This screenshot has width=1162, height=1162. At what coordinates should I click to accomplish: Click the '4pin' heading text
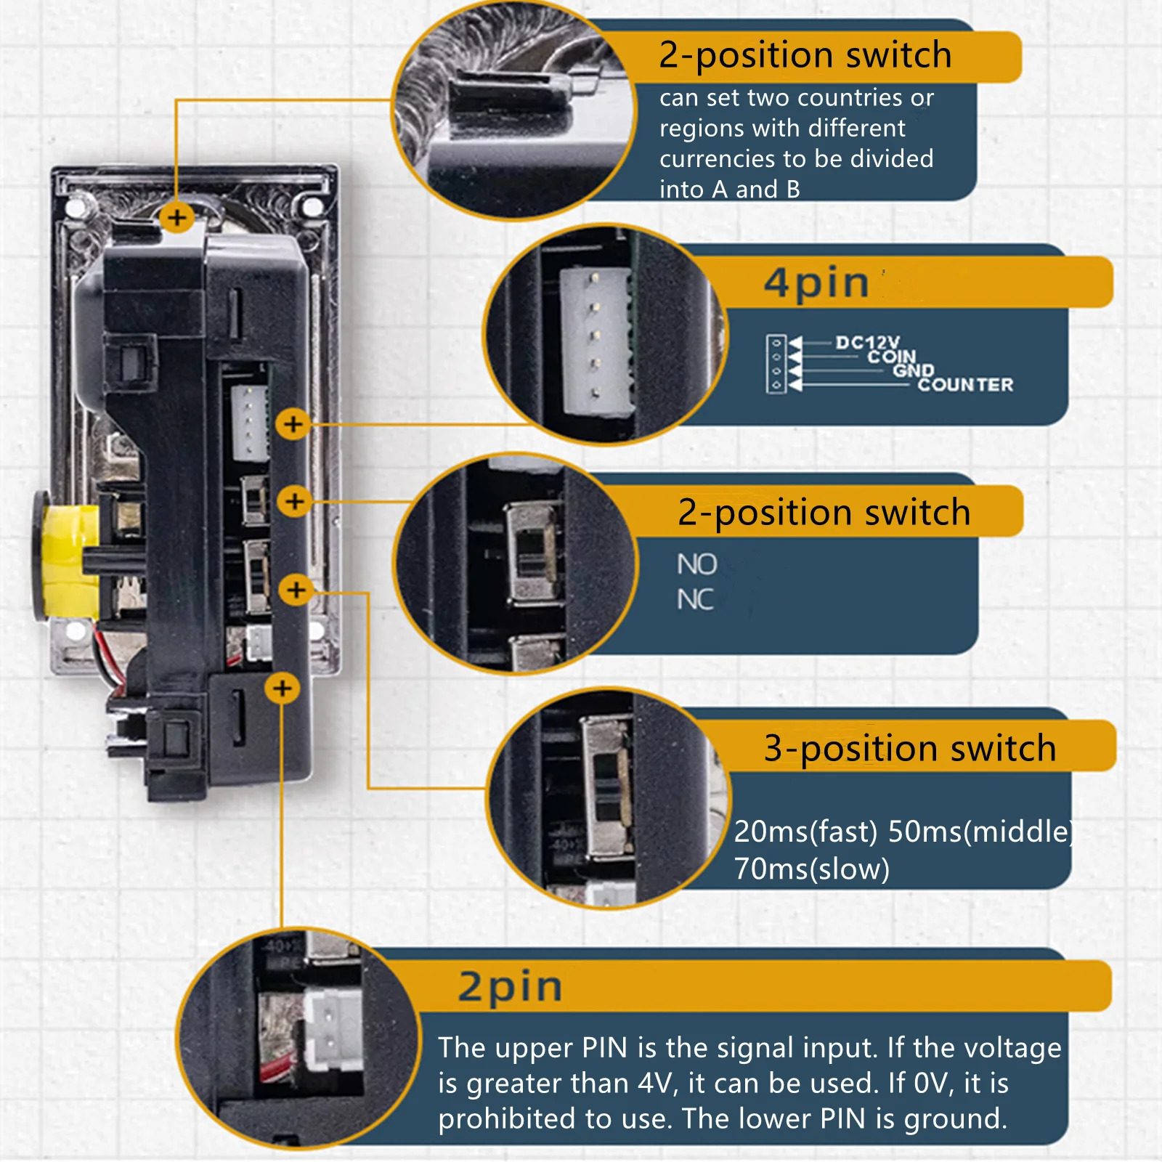click(816, 283)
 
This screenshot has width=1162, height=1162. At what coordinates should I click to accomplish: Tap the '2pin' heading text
click(511, 987)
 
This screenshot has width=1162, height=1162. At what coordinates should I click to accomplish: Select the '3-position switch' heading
click(910, 748)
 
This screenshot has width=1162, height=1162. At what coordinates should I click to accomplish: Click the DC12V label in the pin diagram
click(867, 342)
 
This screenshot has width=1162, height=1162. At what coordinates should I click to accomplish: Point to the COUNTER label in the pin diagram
click(965, 384)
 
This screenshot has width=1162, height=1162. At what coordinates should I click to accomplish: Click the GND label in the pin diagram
click(914, 370)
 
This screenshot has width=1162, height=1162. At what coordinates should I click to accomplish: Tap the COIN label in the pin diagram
click(892, 357)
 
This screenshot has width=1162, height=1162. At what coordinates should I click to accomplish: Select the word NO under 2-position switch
click(696, 564)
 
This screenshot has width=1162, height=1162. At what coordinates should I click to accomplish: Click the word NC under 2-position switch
click(695, 600)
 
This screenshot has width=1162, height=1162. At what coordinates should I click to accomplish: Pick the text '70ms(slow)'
click(811, 869)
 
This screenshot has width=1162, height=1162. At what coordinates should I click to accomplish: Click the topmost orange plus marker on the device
click(177, 217)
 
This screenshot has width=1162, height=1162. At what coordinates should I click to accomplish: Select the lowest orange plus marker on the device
click(283, 688)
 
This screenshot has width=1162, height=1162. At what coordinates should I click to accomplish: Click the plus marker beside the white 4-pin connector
click(293, 423)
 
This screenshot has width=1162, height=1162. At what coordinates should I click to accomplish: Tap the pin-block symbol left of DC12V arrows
click(776, 364)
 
